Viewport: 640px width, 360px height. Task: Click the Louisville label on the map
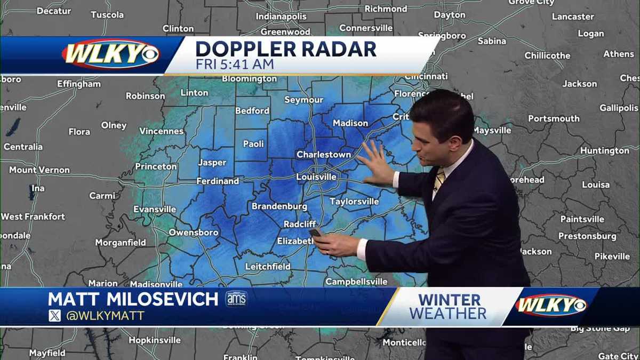tap(316, 177)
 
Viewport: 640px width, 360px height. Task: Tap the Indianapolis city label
tap(281, 17)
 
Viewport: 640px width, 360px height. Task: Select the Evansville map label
tap(154, 209)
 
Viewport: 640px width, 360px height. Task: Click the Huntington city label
tap(605, 151)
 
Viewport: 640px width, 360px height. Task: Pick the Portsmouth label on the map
tap(554, 118)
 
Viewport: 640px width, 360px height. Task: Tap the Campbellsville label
tap(356, 281)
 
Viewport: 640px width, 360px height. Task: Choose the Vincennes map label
tap(162, 131)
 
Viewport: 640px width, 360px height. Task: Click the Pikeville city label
tap(612, 257)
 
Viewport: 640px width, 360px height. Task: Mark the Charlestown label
tap(324, 155)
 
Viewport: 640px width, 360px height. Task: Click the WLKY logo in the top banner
tap(110, 54)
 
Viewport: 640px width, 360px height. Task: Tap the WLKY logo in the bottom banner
tap(551, 305)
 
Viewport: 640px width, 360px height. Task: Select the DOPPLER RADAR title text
tap(286, 49)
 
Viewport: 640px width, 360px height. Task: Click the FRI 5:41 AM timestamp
tap(235, 65)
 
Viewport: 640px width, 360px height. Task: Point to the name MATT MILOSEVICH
tap(133, 299)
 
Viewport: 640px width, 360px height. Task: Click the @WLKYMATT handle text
tap(105, 316)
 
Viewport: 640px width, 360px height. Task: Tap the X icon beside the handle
tap(54, 316)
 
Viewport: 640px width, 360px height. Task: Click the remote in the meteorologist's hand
tap(315, 233)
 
